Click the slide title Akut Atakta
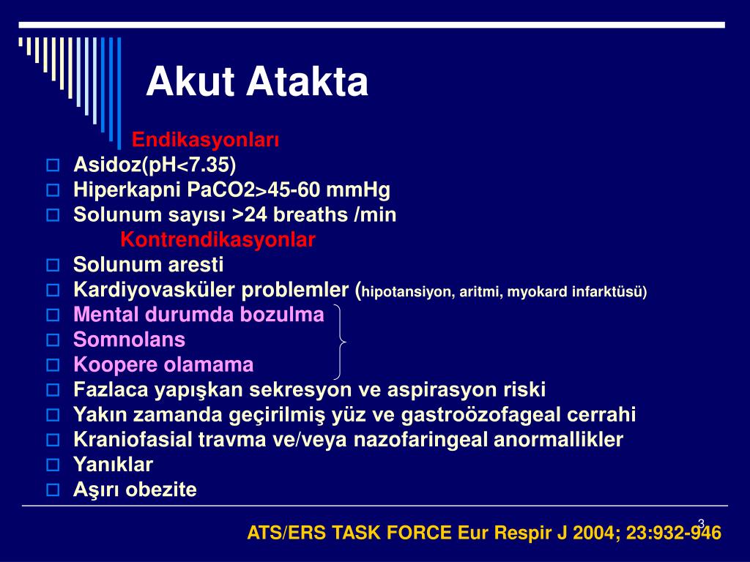click(256, 82)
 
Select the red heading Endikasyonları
click(205, 139)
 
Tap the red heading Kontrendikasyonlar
click(218, 239)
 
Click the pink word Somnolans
click(129, 340)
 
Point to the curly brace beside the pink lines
click(341, 340)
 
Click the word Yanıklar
click(113, 465)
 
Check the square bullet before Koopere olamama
click(52, 364)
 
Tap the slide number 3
click(701, 522)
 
